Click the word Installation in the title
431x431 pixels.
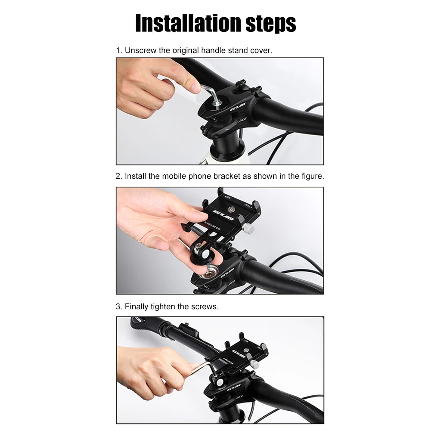tap(188, 23)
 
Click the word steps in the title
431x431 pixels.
tap(271, 24)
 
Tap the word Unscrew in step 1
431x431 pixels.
tap(141, 50)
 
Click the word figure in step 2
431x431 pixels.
tap(311, 176)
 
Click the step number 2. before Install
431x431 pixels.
tap(119, 176)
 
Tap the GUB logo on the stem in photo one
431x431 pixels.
tap(237, 106)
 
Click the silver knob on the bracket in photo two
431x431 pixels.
tap(248, 228)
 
